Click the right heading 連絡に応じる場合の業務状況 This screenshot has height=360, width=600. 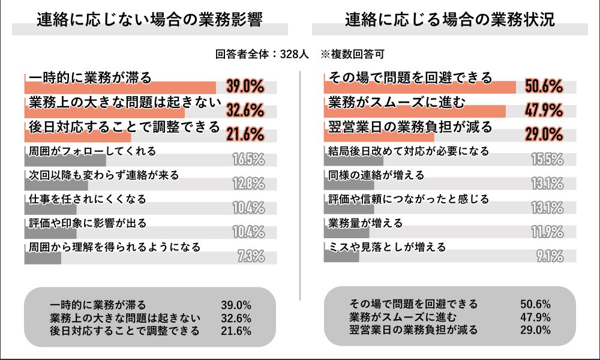[x=449, y=20]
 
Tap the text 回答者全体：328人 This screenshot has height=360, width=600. [x=262, y=54]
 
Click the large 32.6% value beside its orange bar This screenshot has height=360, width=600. [x=245, y=111]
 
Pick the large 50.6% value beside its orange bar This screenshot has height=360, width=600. [x=544, y=87]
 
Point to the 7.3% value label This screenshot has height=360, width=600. [x=251, y=256]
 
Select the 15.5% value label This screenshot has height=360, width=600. [x=547, y=160]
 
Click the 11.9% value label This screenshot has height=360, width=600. [x=547, y=232]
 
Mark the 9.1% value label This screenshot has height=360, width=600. [x=549, y=256]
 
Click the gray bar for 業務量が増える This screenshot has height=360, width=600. [x=346, y=233]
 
